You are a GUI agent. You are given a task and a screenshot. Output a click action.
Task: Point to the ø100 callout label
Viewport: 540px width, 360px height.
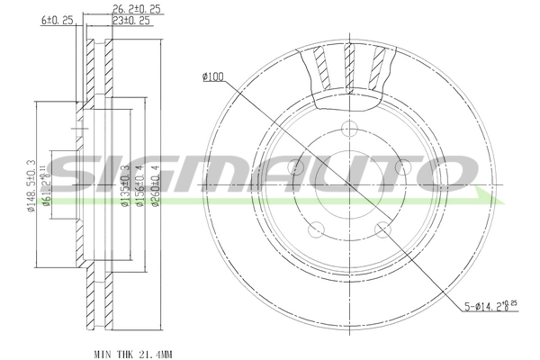213,76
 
